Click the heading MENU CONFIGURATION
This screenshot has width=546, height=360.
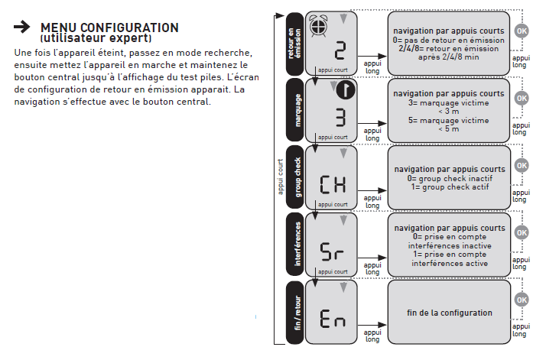point(109,28)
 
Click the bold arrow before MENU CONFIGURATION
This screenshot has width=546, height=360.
point(22,28)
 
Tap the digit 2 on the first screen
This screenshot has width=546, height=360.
point(340,52)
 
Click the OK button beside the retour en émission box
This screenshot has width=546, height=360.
point(522,31)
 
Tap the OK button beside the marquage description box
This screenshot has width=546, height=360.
point(522,98)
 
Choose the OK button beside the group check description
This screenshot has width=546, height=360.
point(522,164)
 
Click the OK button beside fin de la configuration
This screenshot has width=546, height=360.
point(522,300)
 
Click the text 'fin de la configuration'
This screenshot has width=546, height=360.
point(449,313)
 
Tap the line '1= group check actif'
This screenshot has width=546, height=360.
point(449,187)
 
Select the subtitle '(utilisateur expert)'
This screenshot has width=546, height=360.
point(96,38)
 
